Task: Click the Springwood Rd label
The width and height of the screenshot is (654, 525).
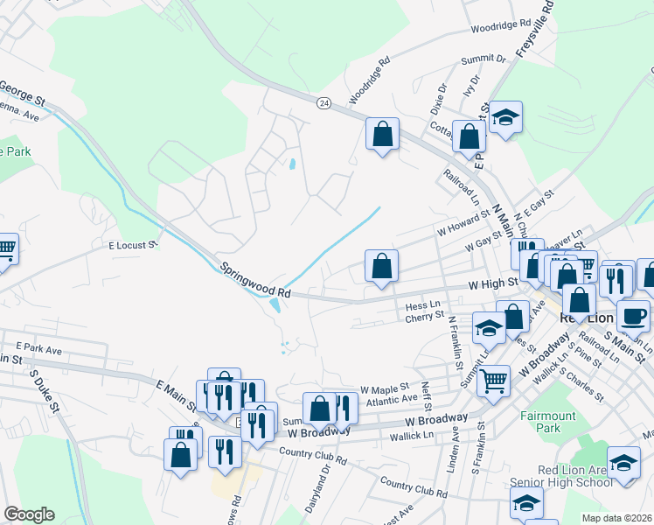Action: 254,279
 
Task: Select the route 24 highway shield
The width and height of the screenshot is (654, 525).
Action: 324,103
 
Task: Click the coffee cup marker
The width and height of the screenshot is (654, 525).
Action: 633,315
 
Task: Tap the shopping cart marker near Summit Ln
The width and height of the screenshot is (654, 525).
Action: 493,380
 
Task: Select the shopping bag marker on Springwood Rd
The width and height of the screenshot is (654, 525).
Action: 381,266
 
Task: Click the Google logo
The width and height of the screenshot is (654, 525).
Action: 29,514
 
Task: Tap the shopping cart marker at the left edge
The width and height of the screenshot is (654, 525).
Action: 5,248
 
